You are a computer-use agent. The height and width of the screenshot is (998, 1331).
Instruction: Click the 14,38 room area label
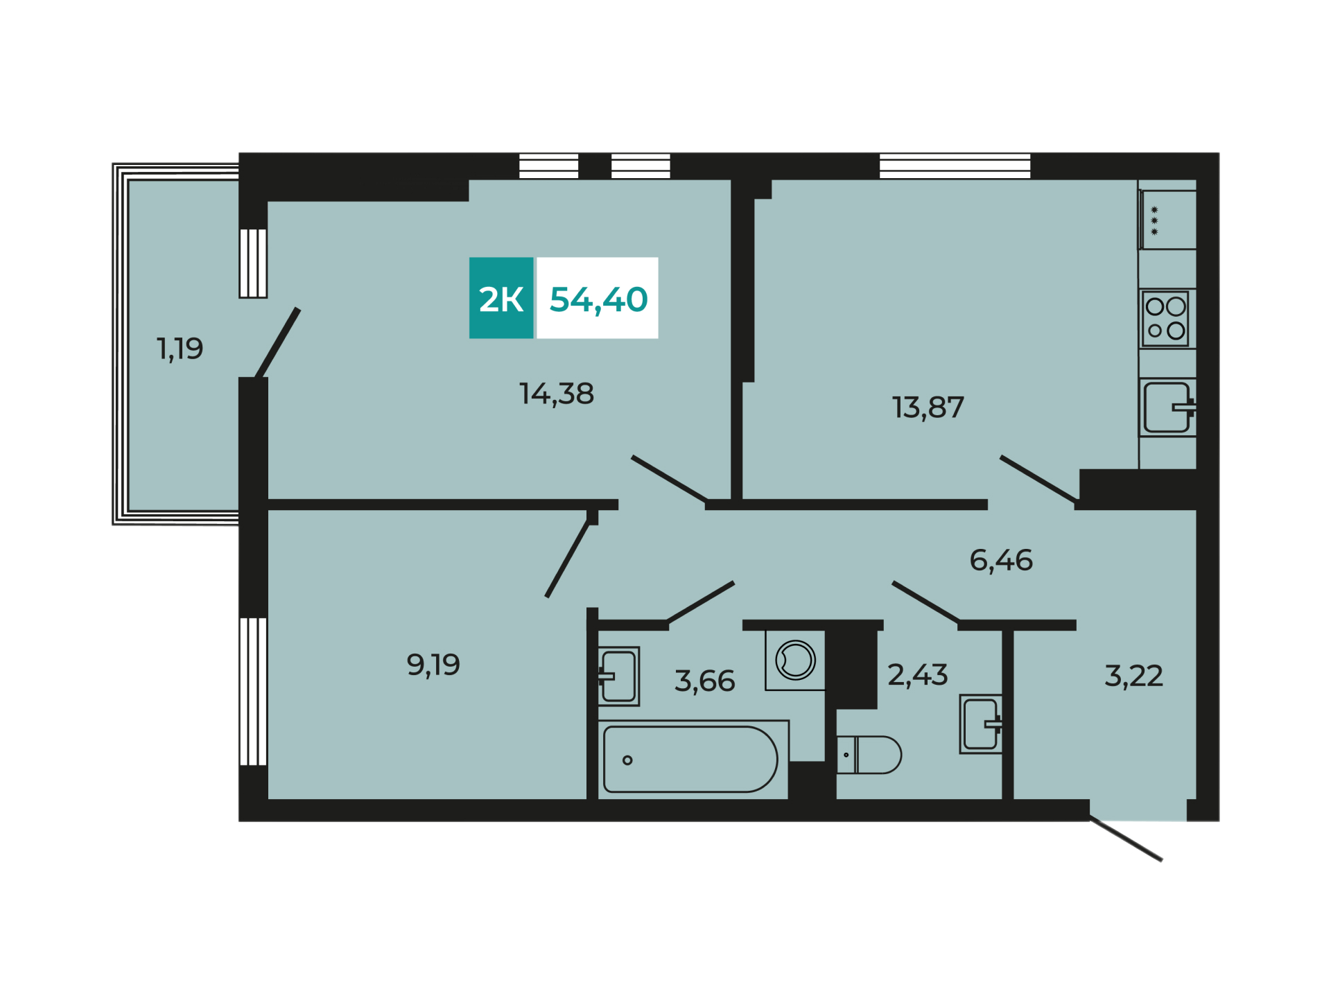(557, 394)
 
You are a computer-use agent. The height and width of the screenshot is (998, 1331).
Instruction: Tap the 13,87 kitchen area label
(928, 408)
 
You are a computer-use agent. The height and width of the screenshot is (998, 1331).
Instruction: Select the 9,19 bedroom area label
(433, 665)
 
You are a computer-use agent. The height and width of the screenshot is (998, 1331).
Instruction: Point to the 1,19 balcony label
(180, 349)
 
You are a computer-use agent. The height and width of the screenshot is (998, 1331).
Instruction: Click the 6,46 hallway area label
(1001, 560)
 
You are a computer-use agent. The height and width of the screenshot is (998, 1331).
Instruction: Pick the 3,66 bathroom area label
(704, 681)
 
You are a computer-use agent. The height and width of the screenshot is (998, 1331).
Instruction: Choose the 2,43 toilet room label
(918, 674)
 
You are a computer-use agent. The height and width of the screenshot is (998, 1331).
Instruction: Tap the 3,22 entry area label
(1133, 675)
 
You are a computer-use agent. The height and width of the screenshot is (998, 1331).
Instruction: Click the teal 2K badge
(501, 298)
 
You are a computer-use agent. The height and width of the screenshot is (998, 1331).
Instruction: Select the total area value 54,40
(598, 299)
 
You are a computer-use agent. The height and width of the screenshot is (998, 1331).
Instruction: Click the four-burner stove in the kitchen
(1166, 319)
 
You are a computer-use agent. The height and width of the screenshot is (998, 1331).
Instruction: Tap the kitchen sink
(1168, 407)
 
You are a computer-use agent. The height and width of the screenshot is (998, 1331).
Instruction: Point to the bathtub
(692, 759)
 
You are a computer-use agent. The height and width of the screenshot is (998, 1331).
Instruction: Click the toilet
(869, 755)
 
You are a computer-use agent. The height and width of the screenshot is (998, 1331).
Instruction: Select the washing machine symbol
(795, 660)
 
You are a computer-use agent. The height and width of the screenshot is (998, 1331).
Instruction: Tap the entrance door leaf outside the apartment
(1125, 839)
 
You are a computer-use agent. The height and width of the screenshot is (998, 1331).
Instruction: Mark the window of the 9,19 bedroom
(253, 692)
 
